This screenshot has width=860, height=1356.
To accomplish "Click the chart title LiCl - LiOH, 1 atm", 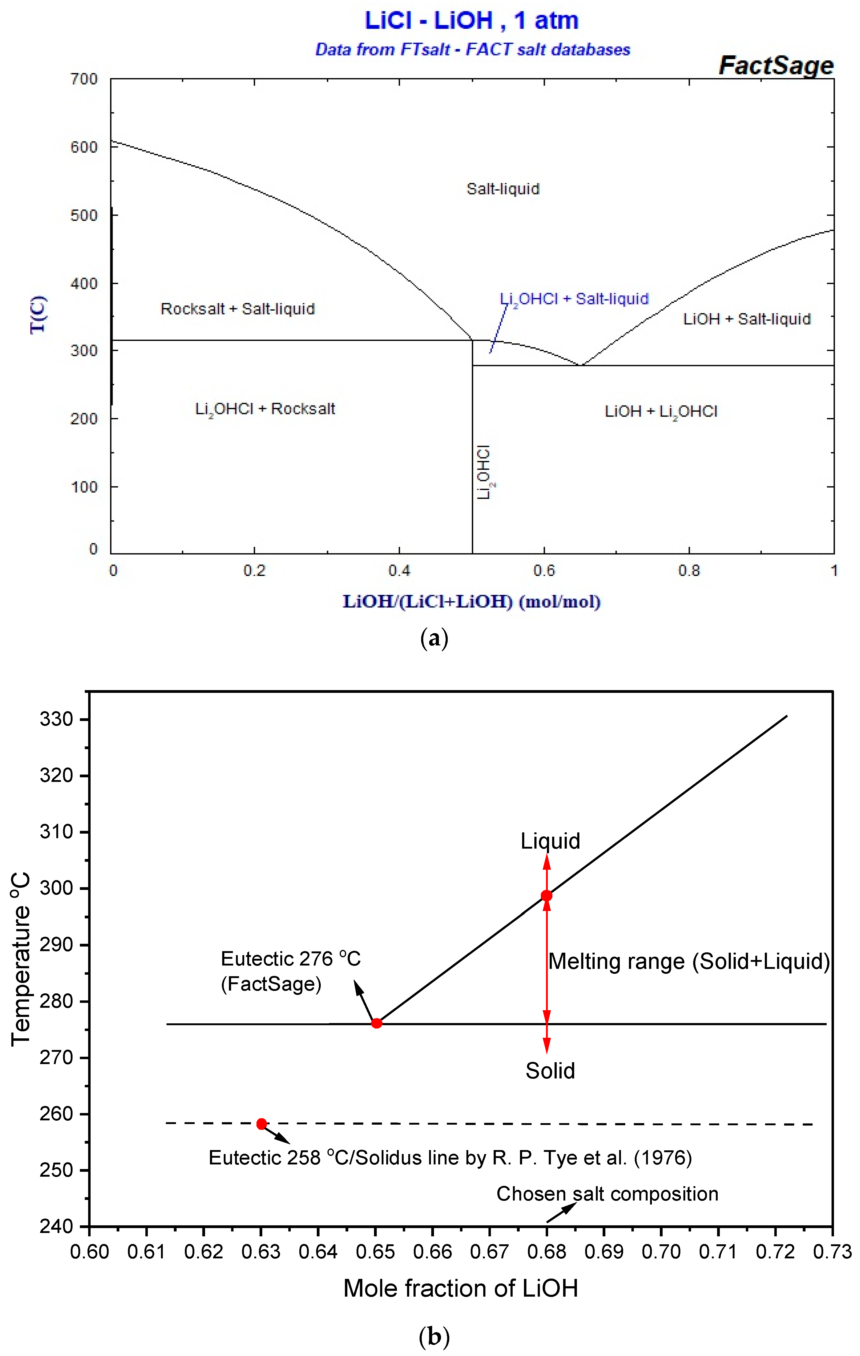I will click(x=471, y=21).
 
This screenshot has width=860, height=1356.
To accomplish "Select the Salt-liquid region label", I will click(x=503, y=189).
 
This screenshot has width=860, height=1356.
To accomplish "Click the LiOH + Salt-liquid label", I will click(x=747, y=319).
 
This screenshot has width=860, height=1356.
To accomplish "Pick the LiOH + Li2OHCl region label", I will click(x=661, y=412).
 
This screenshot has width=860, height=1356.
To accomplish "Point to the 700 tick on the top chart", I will click(x=84, y=79).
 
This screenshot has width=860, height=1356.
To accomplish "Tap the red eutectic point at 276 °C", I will click(x=376, y=1023).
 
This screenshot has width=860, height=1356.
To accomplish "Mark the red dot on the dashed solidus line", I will click(x=261, y=1124).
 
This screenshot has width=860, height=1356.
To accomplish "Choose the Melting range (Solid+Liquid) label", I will click(x=689, y=961).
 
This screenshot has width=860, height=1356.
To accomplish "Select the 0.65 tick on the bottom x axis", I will click(x=375, y=1251).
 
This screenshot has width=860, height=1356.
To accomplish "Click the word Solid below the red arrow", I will click(x=550, y=1070).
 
